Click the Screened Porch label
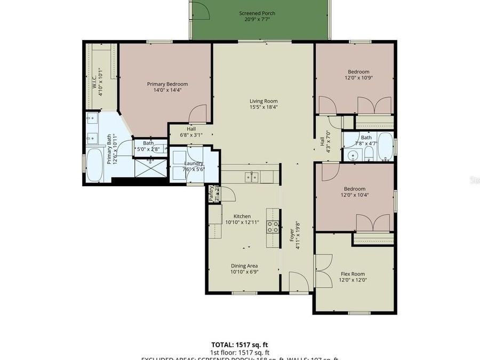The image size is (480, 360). (257, 14)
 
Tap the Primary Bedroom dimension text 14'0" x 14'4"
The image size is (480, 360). (167, 90)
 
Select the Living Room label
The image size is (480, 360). (263, 101)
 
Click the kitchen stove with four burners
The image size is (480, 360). (273, 227)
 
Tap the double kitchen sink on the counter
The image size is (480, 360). (252, 177)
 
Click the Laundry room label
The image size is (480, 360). (193, 163)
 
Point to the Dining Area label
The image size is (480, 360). (244, 266)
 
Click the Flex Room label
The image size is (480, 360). (354, 274)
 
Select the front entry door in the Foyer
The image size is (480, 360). (298, 281)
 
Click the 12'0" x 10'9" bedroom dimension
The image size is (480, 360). (358, 78)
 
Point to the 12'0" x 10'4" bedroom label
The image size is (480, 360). (354, 189)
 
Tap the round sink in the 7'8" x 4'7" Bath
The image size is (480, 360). (351, 156)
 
